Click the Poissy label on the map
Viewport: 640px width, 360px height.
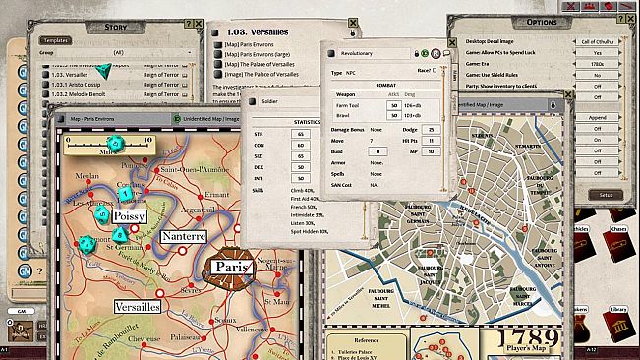point(129,215)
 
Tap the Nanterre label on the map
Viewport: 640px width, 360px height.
point(183,237)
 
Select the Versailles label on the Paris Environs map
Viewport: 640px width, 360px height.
point(137,307)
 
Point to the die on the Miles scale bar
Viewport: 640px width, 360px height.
point(114,144)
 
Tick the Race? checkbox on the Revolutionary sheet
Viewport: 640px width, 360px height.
point(436,71)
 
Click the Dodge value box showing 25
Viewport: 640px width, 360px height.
point(431,130)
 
